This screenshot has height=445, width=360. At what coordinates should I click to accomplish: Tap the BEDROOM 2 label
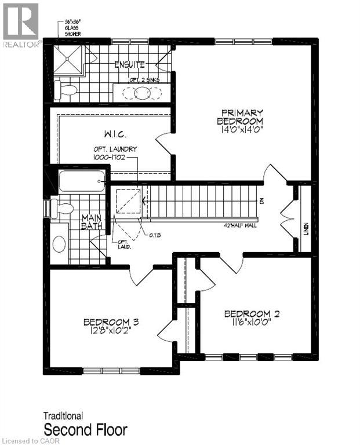click(x=252, y=314)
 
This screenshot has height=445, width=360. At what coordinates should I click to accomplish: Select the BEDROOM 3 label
click(x=110, y=322)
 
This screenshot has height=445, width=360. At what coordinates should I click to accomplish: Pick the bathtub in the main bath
click(x=82, y=181)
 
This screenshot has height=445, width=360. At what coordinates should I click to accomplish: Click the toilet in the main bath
click(x=61, y=208)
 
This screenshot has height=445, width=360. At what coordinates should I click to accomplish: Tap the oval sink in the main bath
click(x=59, y=243)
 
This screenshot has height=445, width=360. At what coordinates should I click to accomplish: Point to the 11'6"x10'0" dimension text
click(x=252, y=324)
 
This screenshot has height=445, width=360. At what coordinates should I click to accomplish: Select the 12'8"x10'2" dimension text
click(x=110, y=332)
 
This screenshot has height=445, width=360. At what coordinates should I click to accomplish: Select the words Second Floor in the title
click(x=85, y=429)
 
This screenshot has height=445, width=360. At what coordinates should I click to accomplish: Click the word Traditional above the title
click(x=63, y=415)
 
